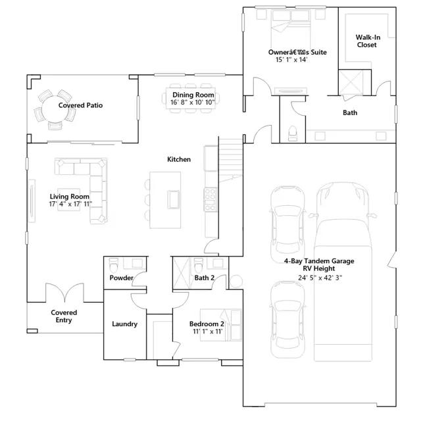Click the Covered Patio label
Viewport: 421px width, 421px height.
80,105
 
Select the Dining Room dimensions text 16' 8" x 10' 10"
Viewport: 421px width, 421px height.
193,103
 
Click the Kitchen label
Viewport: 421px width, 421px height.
179,159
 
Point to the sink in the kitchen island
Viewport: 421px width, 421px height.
174,199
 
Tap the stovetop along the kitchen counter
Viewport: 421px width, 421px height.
210,199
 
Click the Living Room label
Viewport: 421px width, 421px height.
70,197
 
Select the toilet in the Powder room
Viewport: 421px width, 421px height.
114,264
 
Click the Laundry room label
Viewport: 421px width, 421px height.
124,324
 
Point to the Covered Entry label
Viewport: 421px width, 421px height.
64,316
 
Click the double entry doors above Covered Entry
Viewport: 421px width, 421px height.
64,293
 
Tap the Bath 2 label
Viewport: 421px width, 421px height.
205,278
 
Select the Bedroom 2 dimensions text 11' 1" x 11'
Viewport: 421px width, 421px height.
208,332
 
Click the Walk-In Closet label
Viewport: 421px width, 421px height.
368,41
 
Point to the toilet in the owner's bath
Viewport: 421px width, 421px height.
292,133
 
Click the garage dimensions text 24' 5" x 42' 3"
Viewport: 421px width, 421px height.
320,278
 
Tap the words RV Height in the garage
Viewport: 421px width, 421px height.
319,268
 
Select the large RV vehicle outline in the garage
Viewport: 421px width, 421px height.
343,271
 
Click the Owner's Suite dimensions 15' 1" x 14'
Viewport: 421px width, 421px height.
291,60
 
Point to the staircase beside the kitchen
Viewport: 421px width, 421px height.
231,160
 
